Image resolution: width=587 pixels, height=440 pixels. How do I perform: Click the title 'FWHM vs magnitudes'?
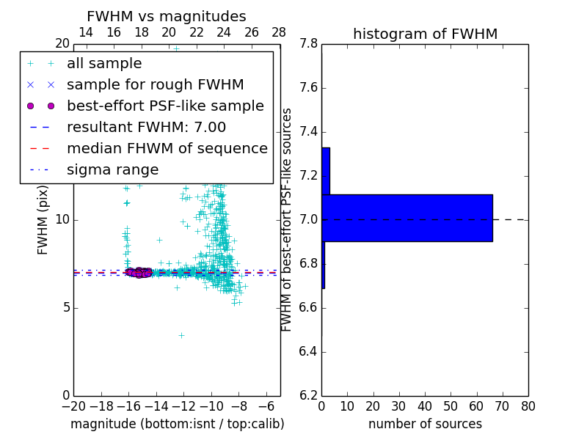coord(166,16)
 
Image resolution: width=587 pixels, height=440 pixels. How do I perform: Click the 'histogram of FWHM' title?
coord(425,34)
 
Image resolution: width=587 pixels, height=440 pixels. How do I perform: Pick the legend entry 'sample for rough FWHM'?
coord(155,84)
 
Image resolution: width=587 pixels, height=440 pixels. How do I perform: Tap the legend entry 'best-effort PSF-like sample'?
coord(165,106)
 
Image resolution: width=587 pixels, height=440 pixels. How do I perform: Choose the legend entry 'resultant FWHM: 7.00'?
coord(146,127)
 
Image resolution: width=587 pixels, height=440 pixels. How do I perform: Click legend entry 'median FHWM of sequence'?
coord(167,148)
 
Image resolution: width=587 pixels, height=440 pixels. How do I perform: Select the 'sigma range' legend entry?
coord(112,169)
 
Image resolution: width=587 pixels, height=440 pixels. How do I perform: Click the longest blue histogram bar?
coord(407,218)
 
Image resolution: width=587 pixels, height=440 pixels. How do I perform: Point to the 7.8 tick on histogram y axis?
coord(308,44)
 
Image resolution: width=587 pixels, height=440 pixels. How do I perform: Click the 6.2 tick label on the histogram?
coord(308,396)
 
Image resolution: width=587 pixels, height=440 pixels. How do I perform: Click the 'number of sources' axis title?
coord(425,424)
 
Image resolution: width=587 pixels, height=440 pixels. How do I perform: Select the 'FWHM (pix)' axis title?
coord(43,220)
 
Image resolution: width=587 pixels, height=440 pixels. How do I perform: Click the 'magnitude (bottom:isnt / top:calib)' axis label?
coord(177,424)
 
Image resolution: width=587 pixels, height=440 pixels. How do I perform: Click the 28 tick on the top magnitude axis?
coord(279,32)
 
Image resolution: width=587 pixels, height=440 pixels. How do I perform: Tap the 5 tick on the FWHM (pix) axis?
coord(65,307)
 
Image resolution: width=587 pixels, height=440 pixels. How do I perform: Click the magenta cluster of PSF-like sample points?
coord(138,273)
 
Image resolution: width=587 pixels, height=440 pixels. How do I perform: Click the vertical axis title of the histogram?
coord(287,220)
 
